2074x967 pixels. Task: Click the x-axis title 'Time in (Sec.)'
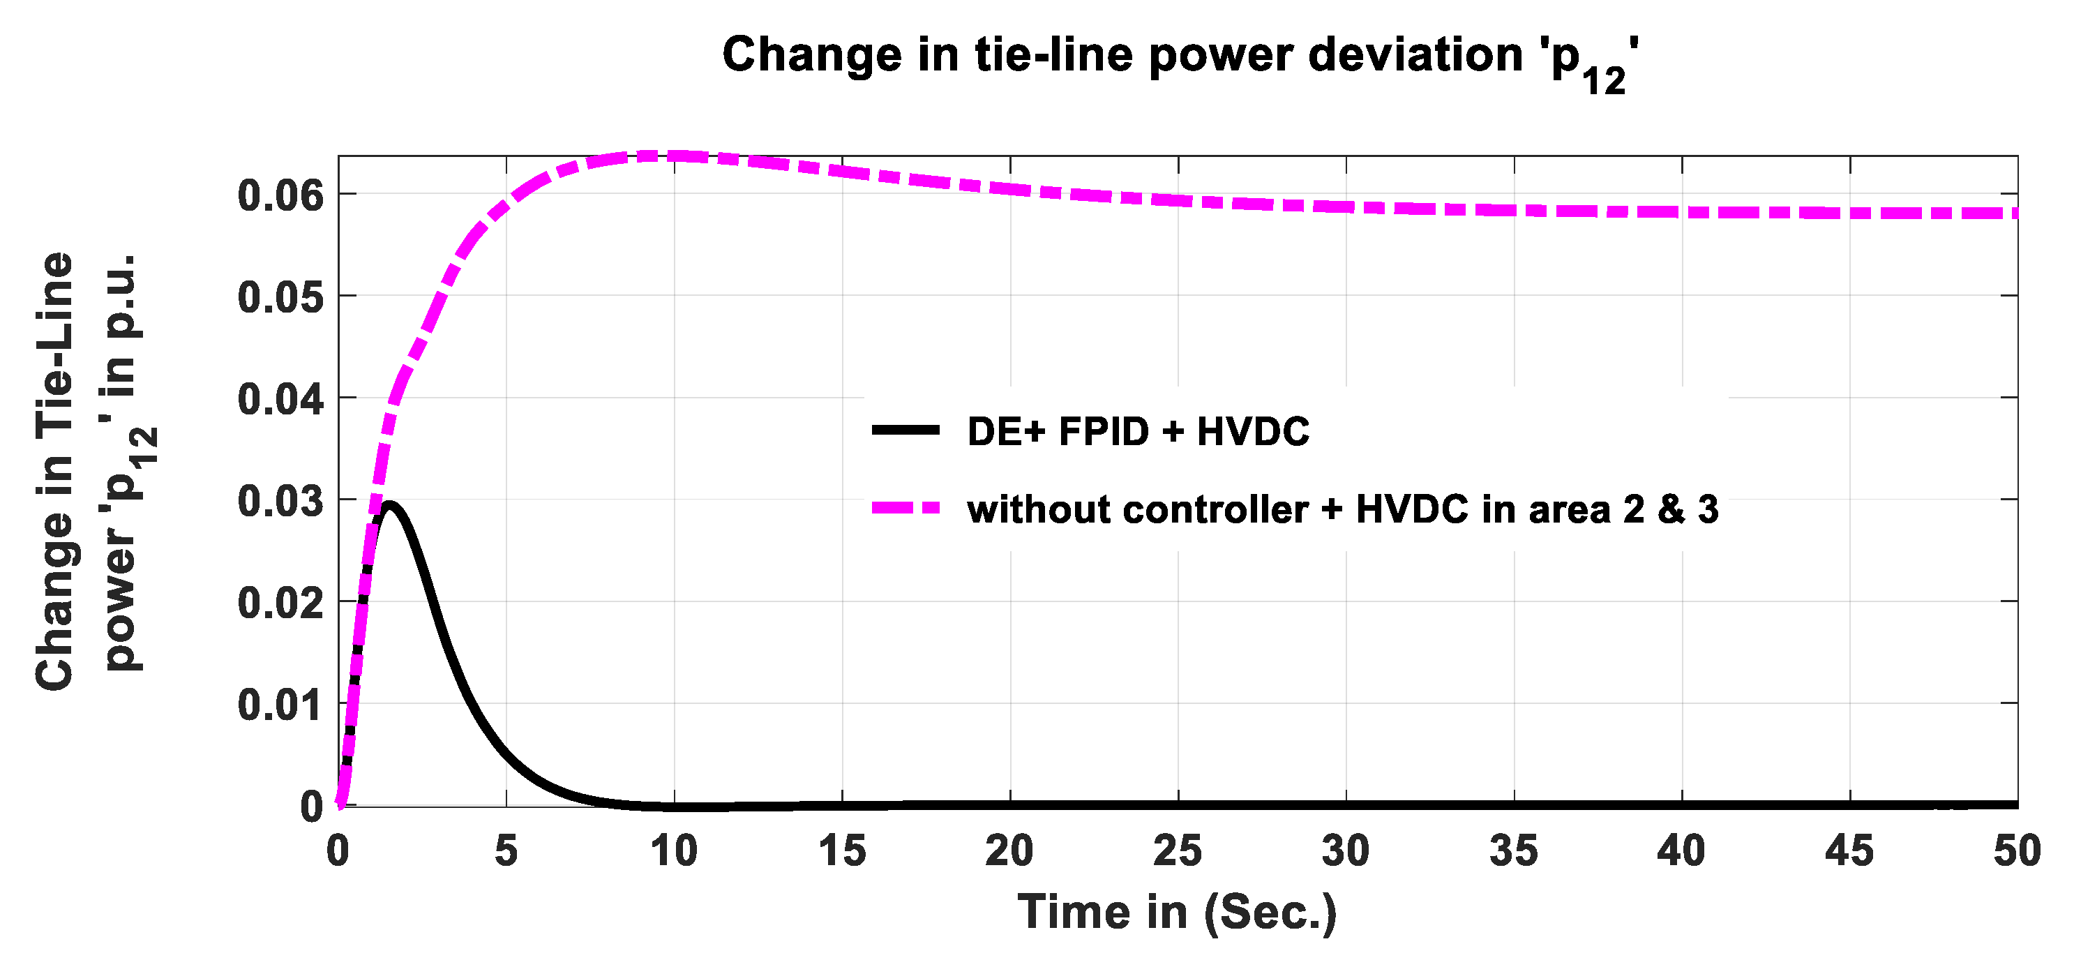tap(1177, 913)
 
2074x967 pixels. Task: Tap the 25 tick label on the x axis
tap(1177, 851)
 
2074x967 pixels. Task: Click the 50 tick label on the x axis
tap(2016, 851)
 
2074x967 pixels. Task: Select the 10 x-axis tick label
tap(674, 851)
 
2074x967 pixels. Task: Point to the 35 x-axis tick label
tap(1513, 851)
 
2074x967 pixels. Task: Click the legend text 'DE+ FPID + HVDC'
tap(1138, 433)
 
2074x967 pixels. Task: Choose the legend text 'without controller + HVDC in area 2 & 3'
tap(1342, 510)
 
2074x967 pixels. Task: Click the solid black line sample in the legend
tap(906, 430)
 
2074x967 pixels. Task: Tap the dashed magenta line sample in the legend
tap(906, 508)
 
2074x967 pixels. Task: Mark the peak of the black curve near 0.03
tap(390, 506)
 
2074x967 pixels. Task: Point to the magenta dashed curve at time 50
tap(2013, 213)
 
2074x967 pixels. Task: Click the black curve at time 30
tap(1346, 804)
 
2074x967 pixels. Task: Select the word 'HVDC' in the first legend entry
tap(1253, 433)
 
